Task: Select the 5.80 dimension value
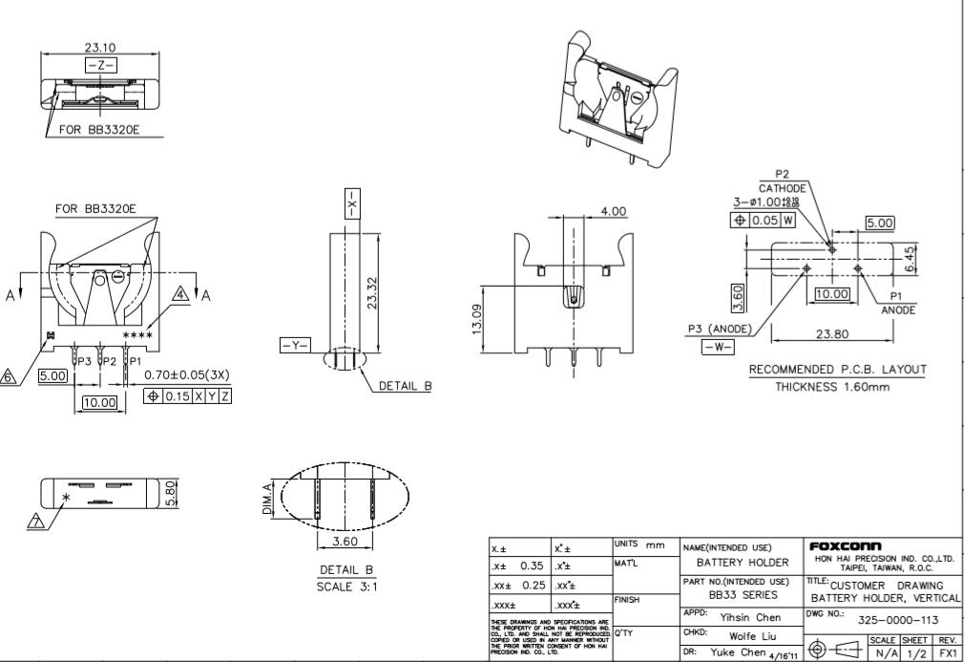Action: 171,493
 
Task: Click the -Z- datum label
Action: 100,64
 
